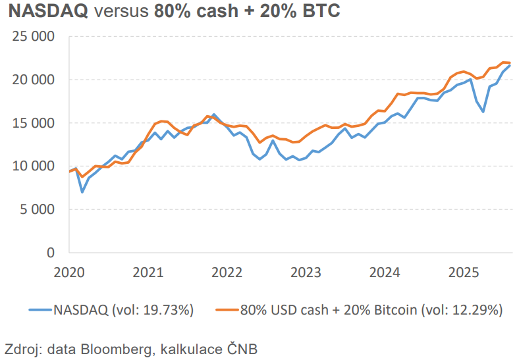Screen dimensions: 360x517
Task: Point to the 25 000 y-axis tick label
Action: click(x=34, y=36)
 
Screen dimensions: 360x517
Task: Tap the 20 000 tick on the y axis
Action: click(x=34, y=80)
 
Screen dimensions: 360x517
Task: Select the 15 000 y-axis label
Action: click(x=34, y=123)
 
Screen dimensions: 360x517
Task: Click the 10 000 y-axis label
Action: click(x=34, y=166)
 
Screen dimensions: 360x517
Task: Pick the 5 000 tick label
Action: click(x=37, y=209)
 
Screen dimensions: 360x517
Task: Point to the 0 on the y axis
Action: click(x=50, y=253)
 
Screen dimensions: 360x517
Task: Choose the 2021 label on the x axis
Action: click(x=148, y=271)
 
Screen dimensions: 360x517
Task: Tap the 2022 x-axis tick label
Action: click(x=227, y=271)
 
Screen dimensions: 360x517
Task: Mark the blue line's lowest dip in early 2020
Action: click(x=82, y=192)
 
